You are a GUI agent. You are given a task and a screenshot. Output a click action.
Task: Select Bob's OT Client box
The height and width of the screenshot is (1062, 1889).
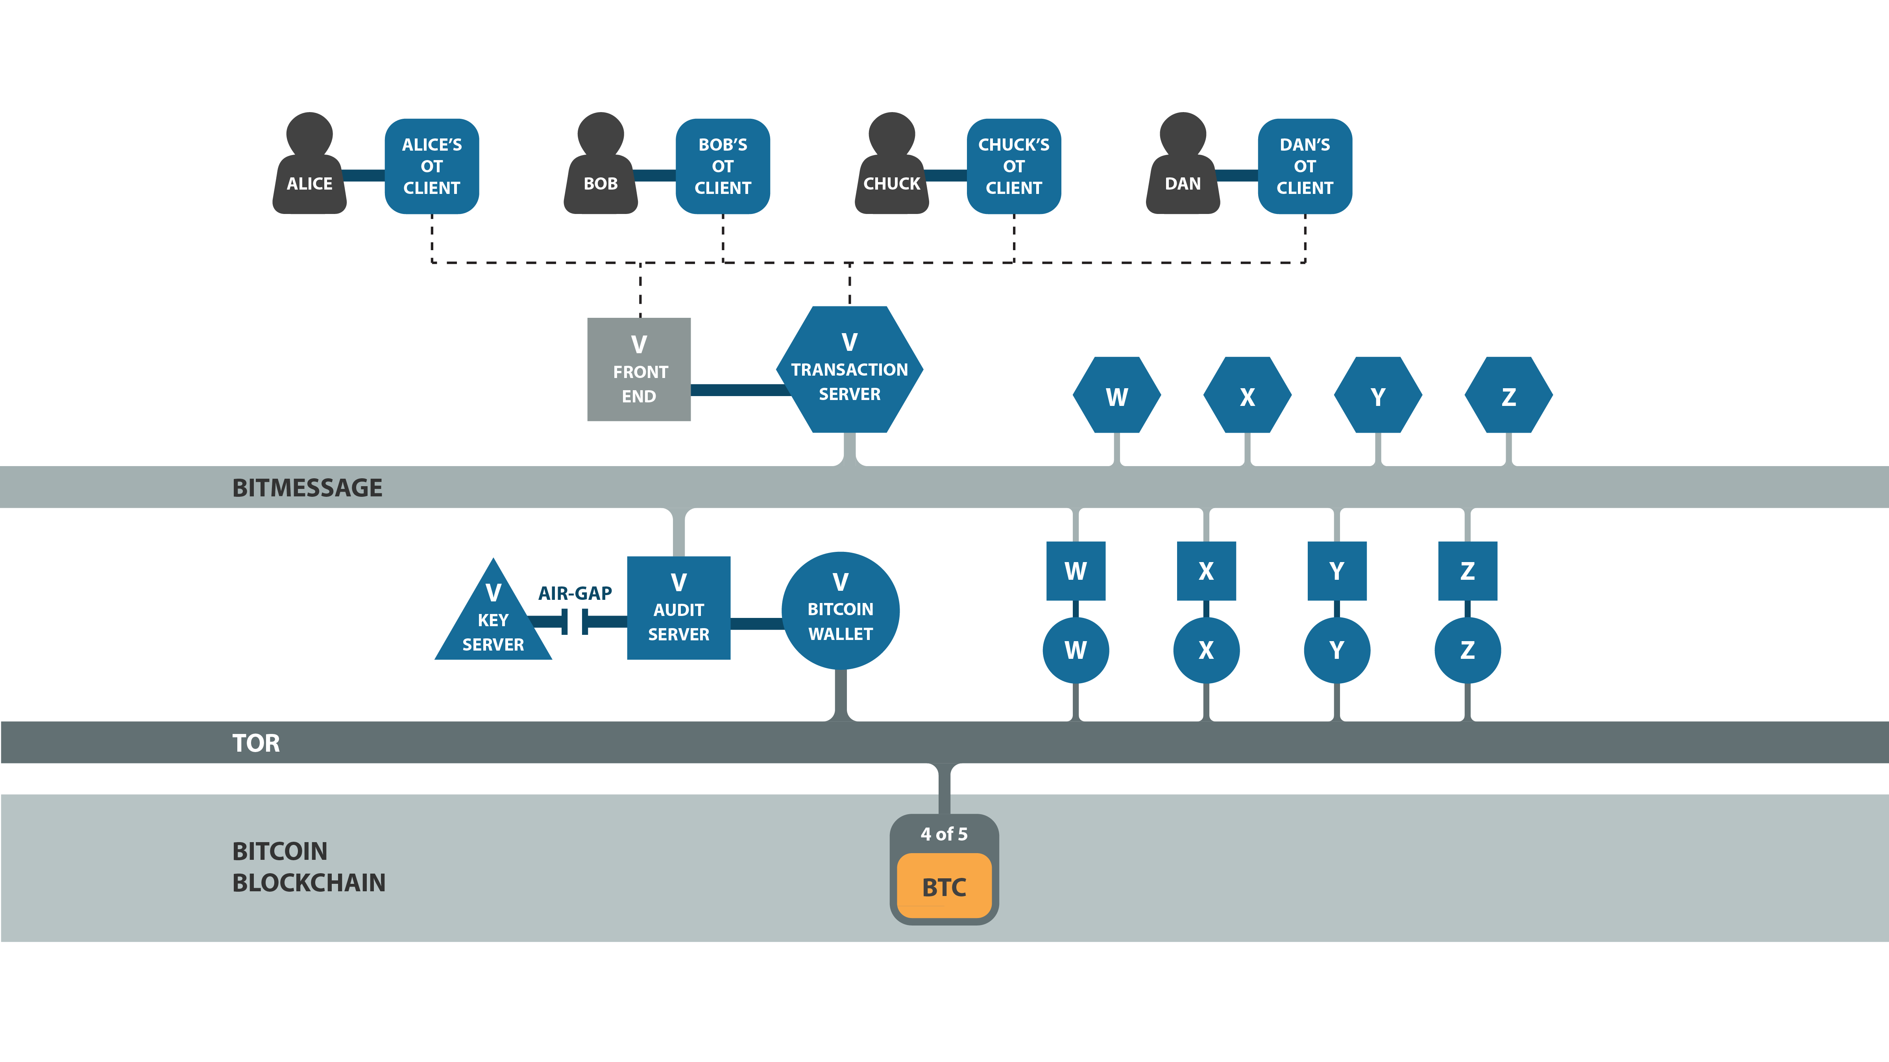pos(722,166)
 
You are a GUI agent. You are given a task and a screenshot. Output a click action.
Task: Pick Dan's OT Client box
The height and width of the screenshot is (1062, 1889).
pos(1305,166)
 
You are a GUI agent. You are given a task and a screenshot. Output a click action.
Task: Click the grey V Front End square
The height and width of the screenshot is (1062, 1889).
pos(639,369)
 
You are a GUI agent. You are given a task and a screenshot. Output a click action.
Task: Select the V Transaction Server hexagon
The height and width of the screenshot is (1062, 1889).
pos(849,369)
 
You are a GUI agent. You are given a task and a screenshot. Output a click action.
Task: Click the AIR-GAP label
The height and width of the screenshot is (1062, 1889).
pos(575,593)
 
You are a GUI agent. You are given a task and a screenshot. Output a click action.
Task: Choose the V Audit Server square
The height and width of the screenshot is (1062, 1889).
pos(678,608)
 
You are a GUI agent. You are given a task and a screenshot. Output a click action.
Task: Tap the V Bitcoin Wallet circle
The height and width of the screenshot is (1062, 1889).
pos(840,610)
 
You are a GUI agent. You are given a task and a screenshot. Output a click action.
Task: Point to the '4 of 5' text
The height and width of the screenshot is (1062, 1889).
pos(944,834)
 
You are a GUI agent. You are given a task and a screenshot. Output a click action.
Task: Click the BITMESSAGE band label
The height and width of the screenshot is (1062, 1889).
pos(307,487)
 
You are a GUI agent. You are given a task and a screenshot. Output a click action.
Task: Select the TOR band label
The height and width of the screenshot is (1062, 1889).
pos(256,743)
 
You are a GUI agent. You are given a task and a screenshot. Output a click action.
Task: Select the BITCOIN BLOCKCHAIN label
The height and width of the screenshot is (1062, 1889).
pos(309,866)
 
